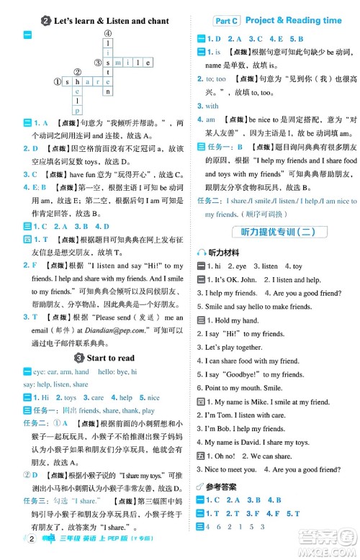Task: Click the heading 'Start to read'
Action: pyautogui.click(x=110, y=358)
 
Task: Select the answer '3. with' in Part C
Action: pyautogui.click(x=212, y=106)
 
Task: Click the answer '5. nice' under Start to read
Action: pyautogui.click(x=153, y=397)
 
